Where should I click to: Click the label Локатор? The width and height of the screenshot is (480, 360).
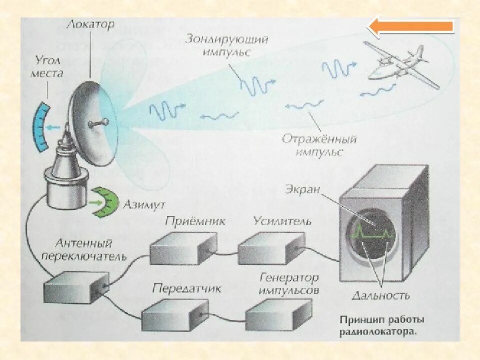click(x=91, y=24)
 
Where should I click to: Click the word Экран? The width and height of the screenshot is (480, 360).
click(x=302, y=189)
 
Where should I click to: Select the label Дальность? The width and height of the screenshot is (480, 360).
click(x=381, y=295)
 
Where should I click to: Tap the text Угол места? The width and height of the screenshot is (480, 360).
click(x=47, y=68)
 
